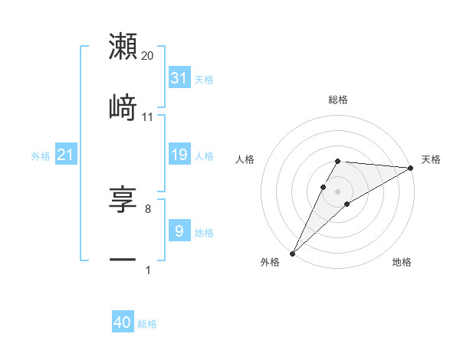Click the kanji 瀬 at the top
tap(123, 47)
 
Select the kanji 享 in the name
tap(123, 200)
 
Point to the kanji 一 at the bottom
tap(123, 260)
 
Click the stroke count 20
tap(148, 56)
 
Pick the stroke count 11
tap(148, 116)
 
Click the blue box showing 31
tap(179, 77)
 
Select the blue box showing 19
tap(179, 155)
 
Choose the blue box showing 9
tap(179, 231)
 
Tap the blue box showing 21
tap(66, 155)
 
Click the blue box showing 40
tap(123, 322)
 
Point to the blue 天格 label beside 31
tap(204, 79)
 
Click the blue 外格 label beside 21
tap(41, 155)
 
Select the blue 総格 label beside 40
tap(147, 324)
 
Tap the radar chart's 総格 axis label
tap(338, 100)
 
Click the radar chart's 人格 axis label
tap(246, 159)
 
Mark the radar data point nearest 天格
tap(410, 168)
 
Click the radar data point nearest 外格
tap(293, 253)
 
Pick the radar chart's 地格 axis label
tap(402, 262)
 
